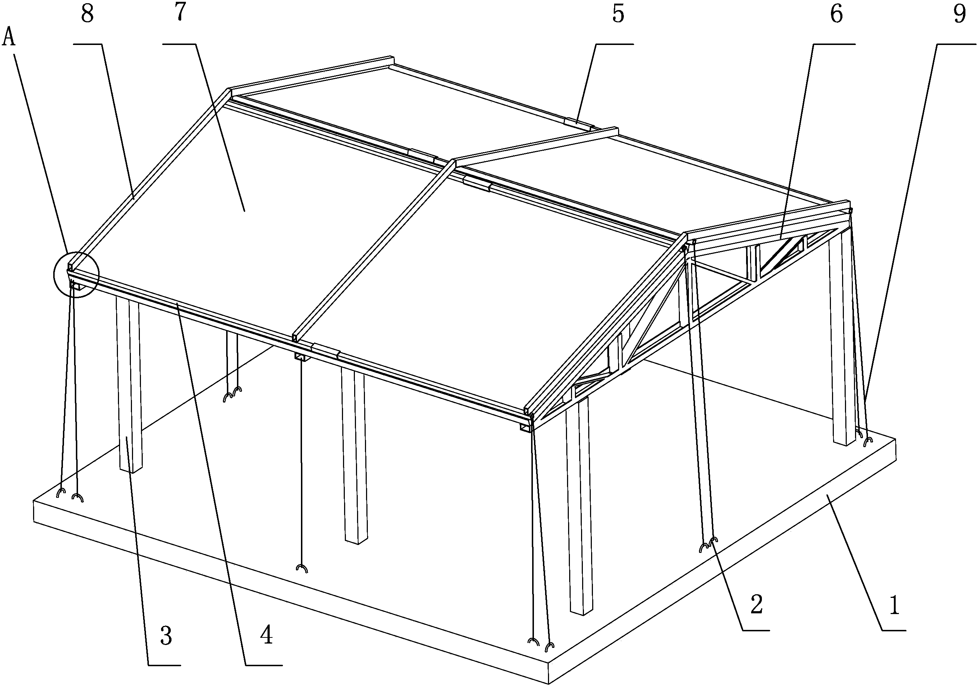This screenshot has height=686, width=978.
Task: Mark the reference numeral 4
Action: coord(267,635)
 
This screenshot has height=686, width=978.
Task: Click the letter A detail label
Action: coord(9,38)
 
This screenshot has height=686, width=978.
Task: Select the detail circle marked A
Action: coord(76,275)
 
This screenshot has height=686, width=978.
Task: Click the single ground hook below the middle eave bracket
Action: coord(302,568)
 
